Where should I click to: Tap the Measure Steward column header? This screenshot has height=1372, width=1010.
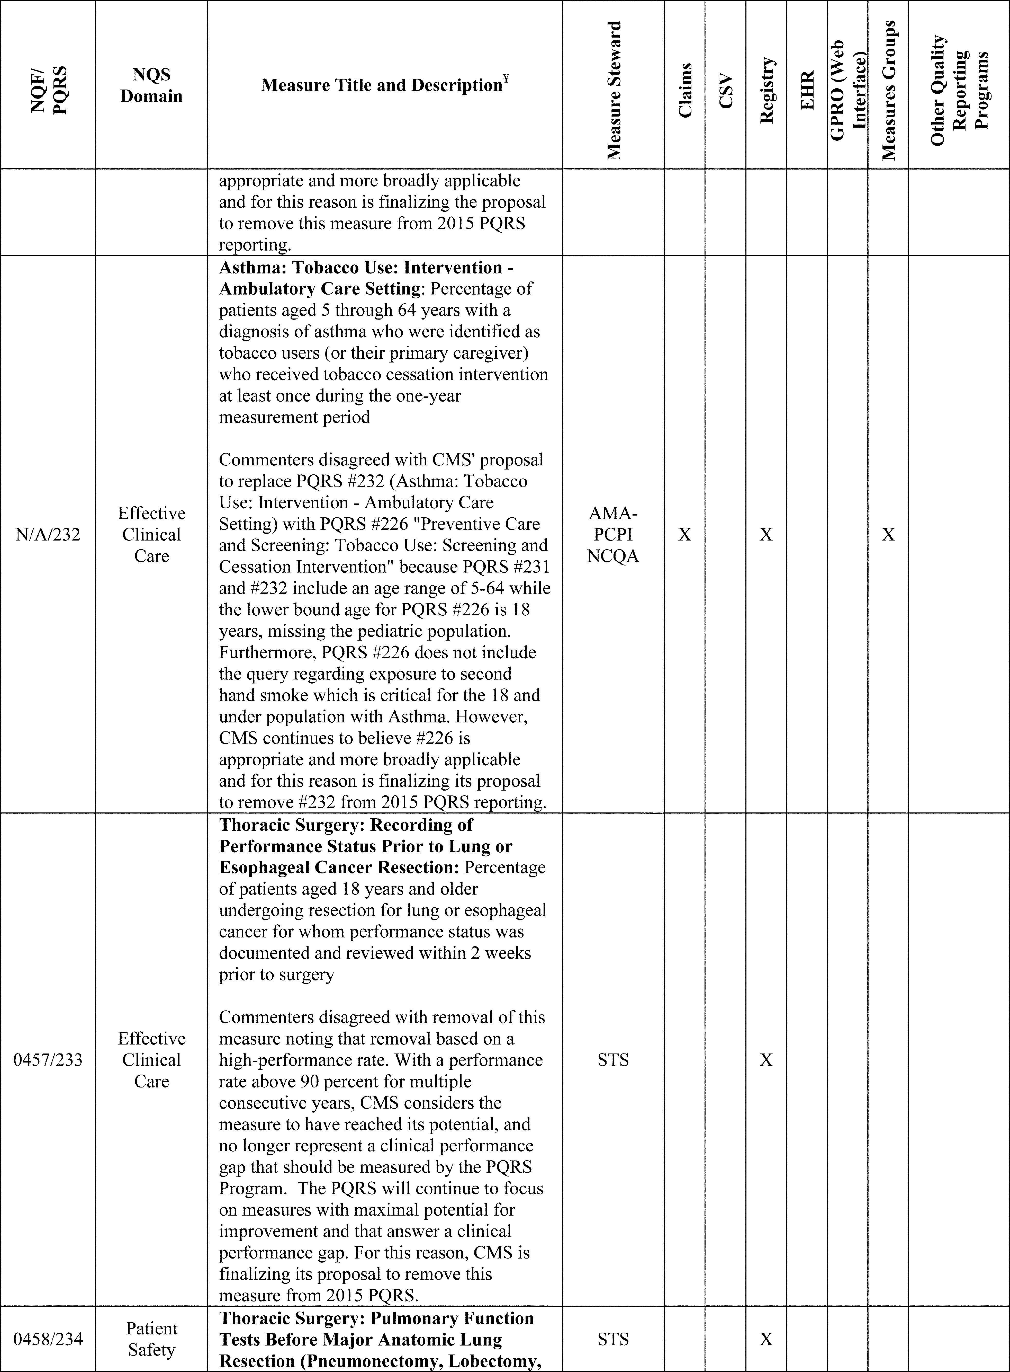(613, 91)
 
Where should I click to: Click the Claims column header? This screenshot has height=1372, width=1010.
(685, 91)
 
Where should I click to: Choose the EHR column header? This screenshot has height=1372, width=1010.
(807, 91)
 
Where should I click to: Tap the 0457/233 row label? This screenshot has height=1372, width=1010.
(48, 1060)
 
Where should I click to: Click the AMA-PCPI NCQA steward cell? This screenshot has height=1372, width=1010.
(613, 535)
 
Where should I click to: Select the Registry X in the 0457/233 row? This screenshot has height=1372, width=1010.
(766, 1060)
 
